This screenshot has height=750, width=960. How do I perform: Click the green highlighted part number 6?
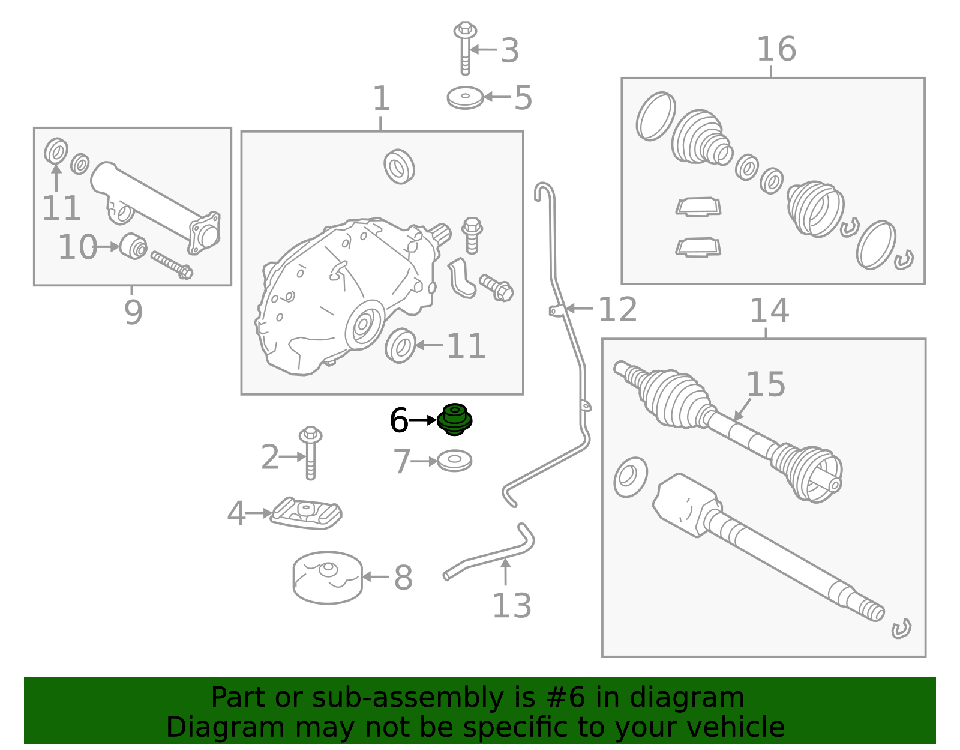454,420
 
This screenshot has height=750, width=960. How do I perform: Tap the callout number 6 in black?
398,420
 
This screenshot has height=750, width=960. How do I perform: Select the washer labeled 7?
454,461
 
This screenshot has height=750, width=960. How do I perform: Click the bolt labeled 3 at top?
465,48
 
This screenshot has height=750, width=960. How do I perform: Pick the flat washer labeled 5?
465,98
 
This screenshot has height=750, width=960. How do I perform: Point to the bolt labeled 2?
310,453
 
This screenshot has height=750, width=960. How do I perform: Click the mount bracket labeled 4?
306,513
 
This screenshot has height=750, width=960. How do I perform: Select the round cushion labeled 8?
328,577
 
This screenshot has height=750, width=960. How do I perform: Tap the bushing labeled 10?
133,246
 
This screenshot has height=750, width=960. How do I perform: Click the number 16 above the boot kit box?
776,49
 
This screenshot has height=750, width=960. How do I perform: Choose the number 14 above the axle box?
769,311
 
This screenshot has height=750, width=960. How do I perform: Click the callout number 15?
765,384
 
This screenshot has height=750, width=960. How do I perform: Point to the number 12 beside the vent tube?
617,310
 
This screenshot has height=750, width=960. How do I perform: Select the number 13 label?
511,606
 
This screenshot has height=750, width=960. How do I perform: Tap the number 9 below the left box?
133,312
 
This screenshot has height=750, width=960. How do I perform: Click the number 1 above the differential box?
381,98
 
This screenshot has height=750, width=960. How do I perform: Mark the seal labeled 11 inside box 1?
400,346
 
